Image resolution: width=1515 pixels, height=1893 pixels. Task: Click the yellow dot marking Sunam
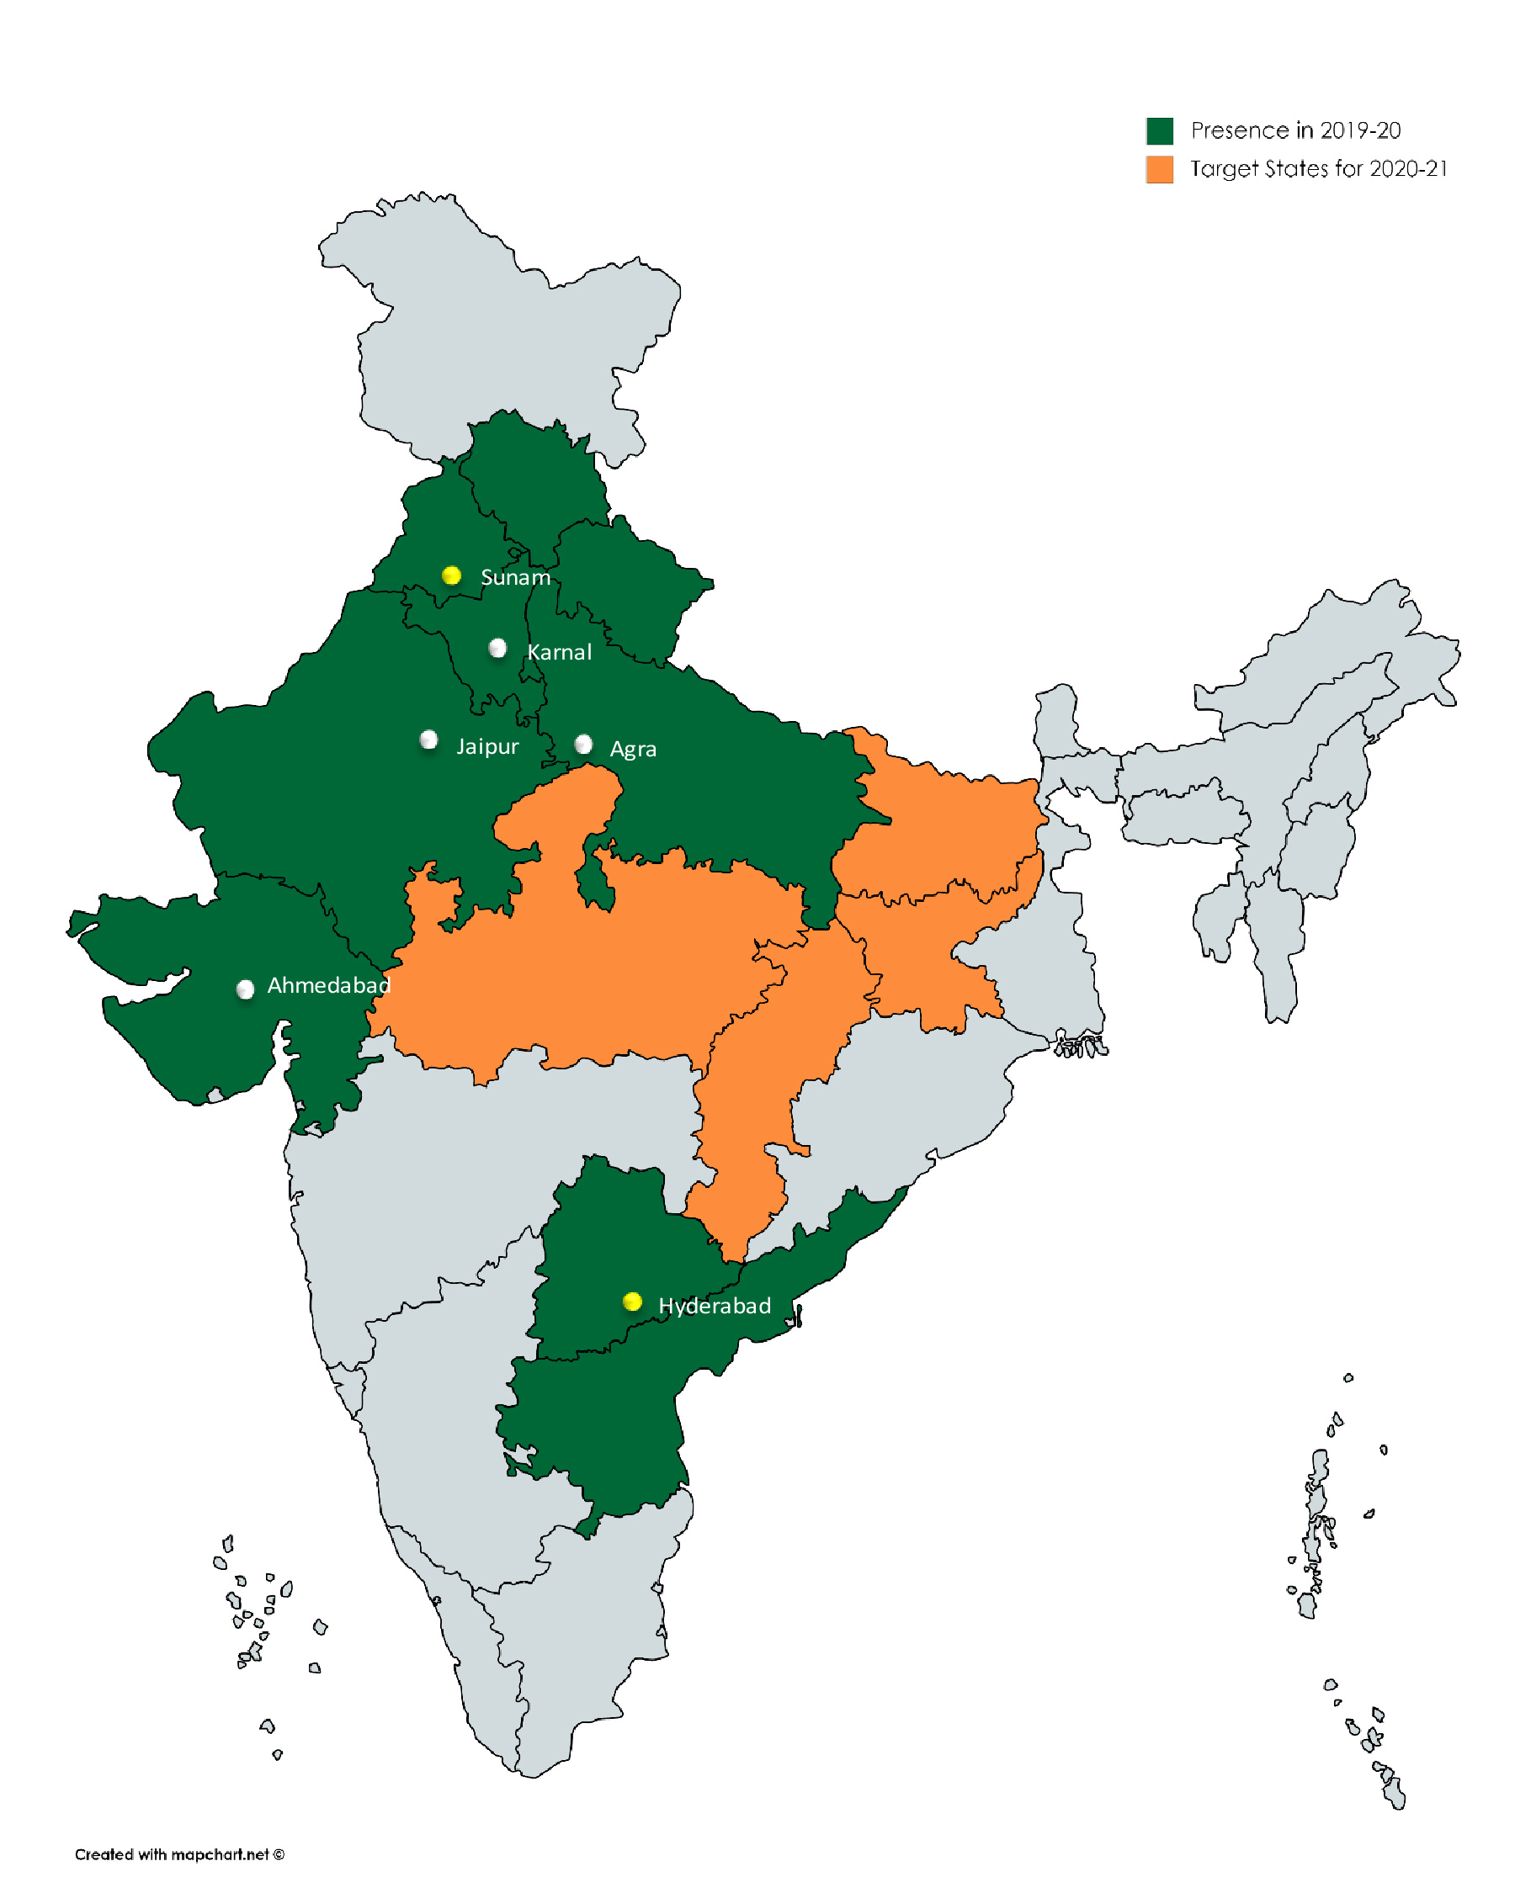pos(451,575)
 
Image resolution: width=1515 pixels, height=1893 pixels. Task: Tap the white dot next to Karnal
pos(497,648)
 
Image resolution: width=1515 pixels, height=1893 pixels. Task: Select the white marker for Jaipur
pos(428,740)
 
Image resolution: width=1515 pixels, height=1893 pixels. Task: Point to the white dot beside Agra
pos(583,744)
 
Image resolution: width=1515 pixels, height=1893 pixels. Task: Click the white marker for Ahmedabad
pos(245,989)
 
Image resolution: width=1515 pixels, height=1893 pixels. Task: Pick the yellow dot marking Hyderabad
pos(632,1302)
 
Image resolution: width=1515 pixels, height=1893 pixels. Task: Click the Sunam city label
pos(516,578)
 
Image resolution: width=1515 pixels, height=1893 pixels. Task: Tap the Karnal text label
pos(560,652)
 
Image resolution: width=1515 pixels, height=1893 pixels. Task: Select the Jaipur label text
pos(487,746)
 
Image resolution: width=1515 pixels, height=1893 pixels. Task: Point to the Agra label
pos(633,750)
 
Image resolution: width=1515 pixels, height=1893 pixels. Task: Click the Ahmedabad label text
pos(328,985)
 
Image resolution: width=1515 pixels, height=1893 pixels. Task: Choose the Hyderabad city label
pos(715,1306)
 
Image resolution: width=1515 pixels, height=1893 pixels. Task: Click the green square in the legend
pos(1160,130)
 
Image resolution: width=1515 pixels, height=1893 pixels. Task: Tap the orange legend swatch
pos(1160,169)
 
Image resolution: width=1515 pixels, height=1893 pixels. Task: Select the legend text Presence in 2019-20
pos(1295,130)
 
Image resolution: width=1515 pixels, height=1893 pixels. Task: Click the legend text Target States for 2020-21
pos(1318,168)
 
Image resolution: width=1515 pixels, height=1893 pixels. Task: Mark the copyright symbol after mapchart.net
pos(279,1854)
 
